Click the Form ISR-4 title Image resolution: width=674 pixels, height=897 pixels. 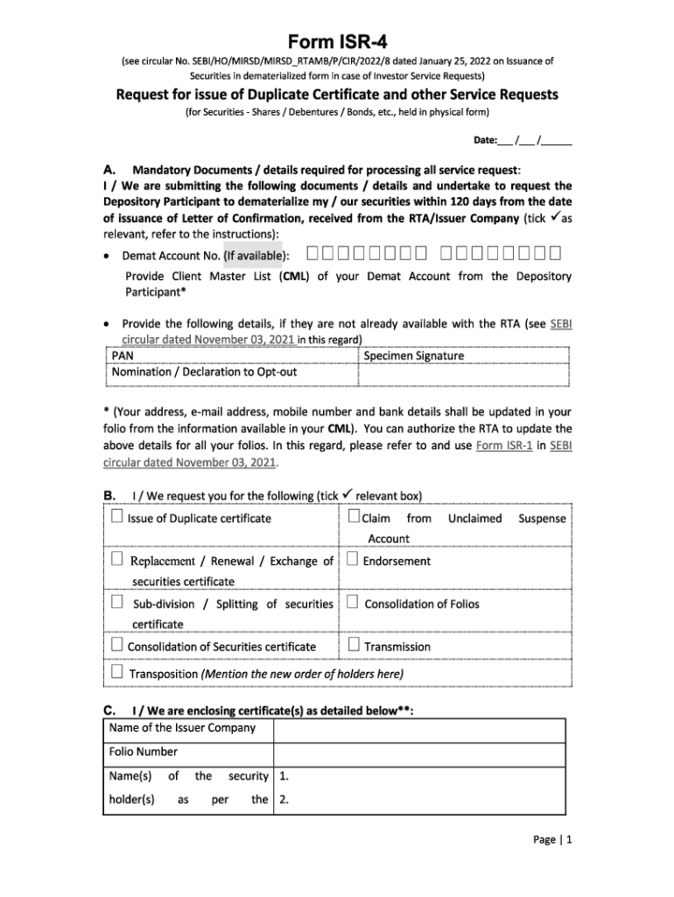pyautogui.click(x=337, y=41)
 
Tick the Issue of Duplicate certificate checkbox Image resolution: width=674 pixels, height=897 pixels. pyautogui.click(x=117, y=517)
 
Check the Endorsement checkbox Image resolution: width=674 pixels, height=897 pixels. pyautogui.click(x=353, y=559)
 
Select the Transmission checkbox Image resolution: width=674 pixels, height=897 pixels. pyautogui.click(x=353, y=646)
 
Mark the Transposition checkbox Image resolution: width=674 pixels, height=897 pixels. pyautogui.click(x=117, y=673)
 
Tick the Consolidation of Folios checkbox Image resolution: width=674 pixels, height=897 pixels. pyautogui.click(x=353, y=603)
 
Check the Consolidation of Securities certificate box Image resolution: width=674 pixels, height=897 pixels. pyautogui.click(x=117, y=646)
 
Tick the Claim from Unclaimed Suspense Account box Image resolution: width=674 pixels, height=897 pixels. pyautogui.click(x=354, y=517)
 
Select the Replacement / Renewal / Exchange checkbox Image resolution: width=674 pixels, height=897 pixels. pyautogui.click(x=117, y=559)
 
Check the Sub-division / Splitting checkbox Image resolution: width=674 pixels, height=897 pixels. pyautogui.click(x=117, y=603)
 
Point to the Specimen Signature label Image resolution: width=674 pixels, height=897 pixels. pyautogui.click(x=413, y=356)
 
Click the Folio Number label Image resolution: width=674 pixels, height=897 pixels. pyautogui.click(x=143, y=752)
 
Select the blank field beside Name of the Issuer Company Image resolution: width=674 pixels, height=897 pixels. pyautogui.click(x=420, y=728)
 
